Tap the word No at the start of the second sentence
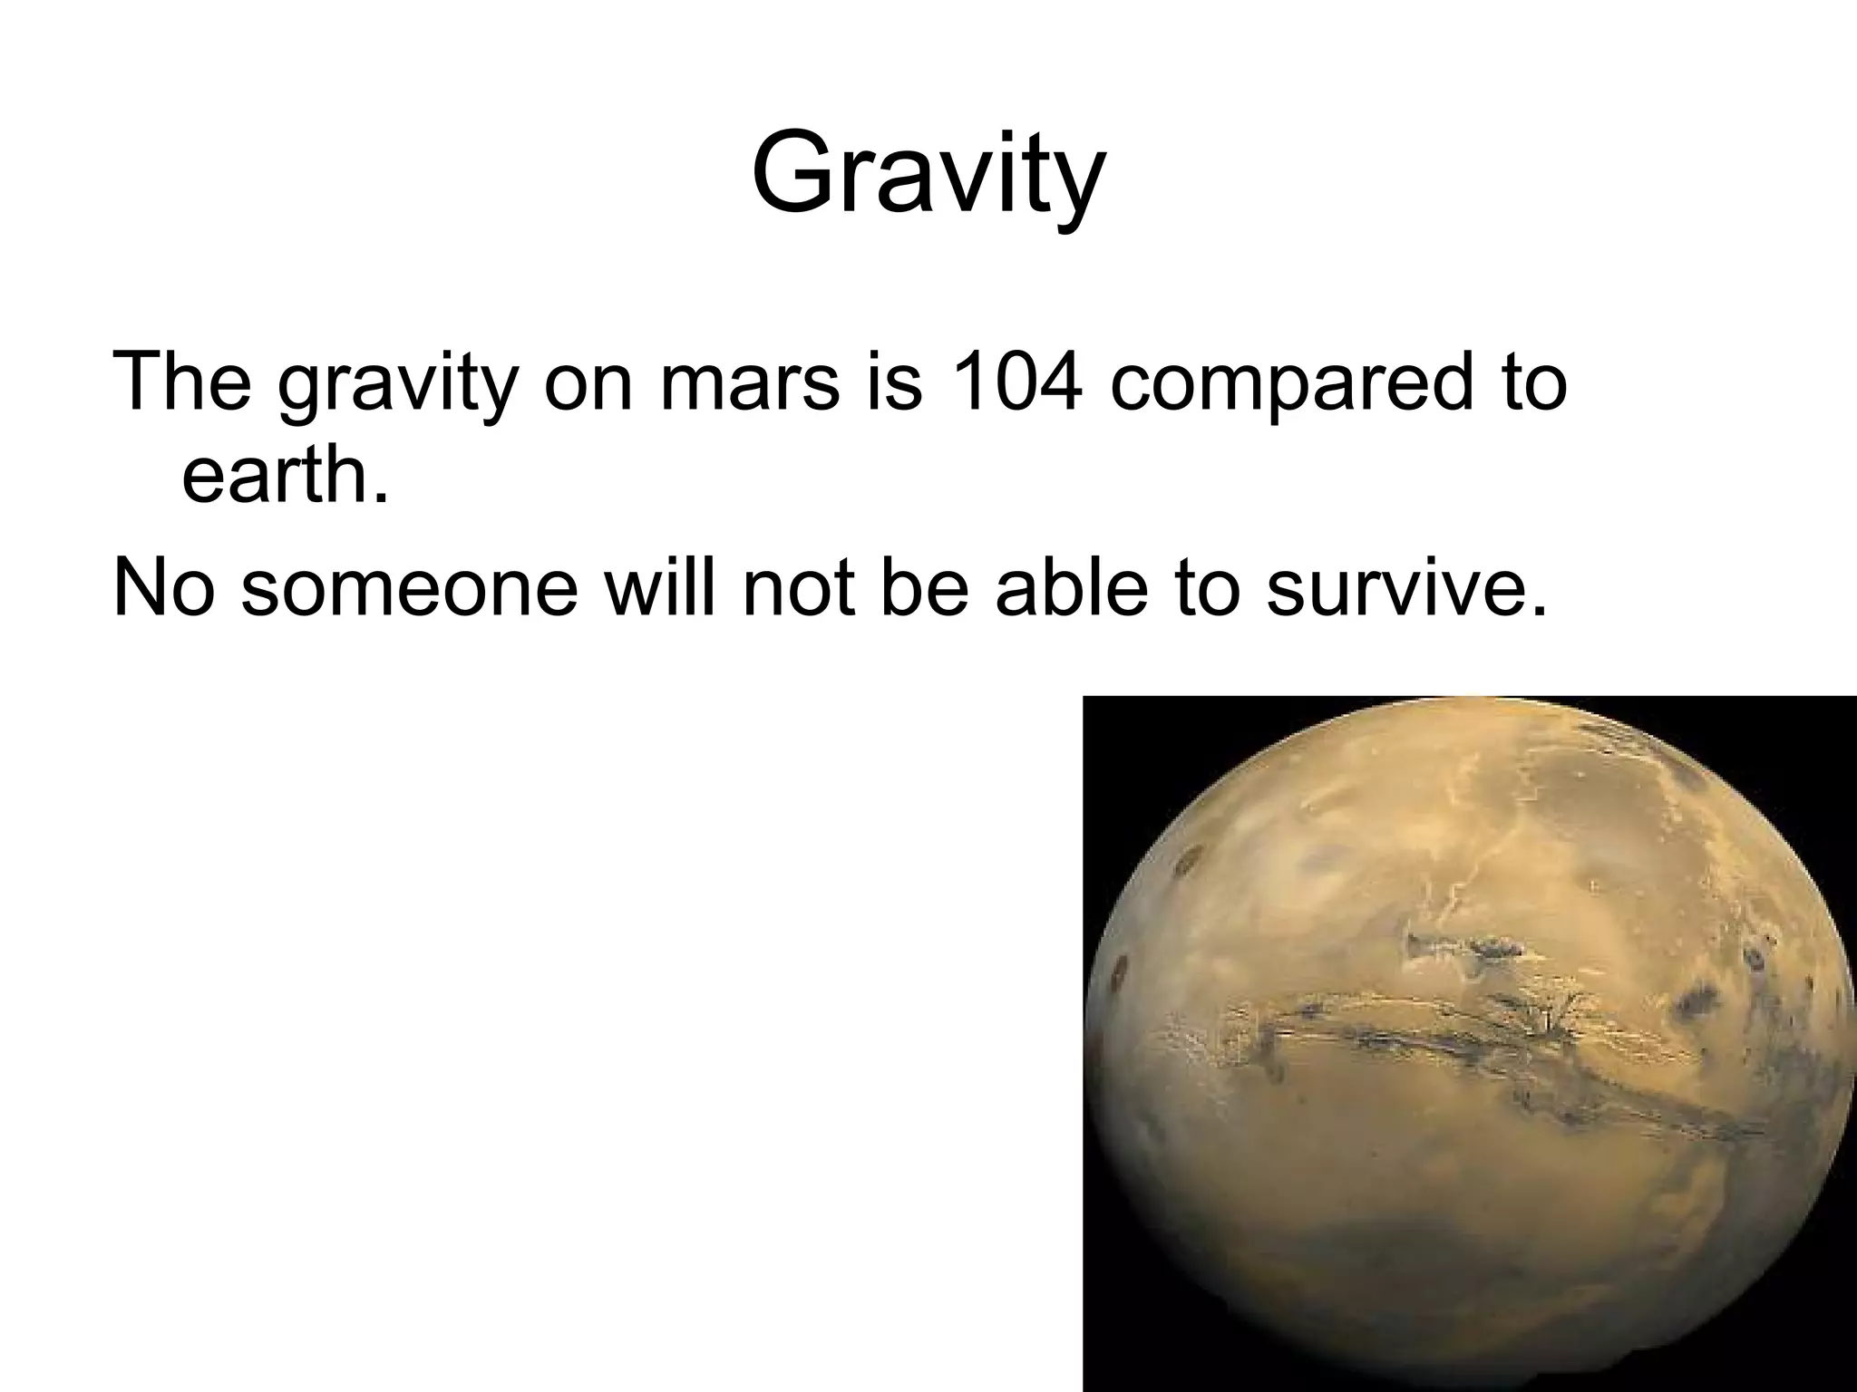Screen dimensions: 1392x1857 163,587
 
